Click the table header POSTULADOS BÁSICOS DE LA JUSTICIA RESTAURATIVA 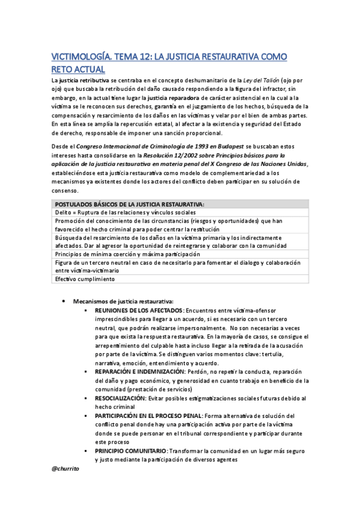(x=129, y=204)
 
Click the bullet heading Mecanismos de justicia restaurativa (x=123, y=301)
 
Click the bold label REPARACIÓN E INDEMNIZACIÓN (x=139, y=372)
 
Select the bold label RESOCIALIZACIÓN (x=120, y=398)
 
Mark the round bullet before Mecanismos (x=64, y=301)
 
